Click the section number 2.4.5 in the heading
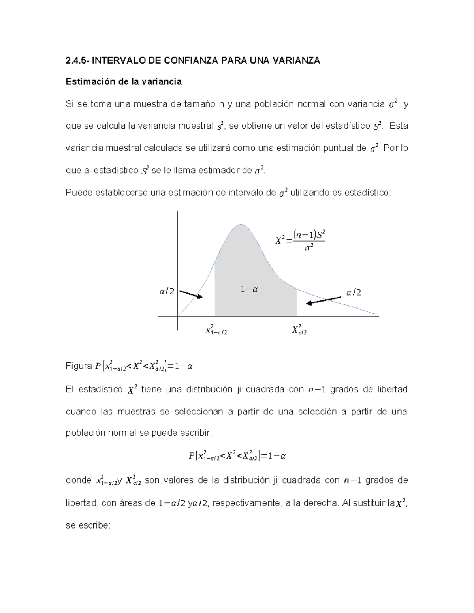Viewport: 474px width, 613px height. point(77,60)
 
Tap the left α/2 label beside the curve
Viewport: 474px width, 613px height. point(167,292)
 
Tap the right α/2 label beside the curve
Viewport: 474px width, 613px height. point(354,292)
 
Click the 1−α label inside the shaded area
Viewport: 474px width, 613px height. point(249,289)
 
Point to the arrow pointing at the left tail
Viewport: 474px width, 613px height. point(191,294)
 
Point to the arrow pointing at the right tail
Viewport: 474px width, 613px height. point(324,300)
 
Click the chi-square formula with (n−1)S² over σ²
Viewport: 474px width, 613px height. point(300,240)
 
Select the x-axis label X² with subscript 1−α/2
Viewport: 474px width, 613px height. point(216,330)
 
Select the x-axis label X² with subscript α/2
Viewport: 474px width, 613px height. point(299,330)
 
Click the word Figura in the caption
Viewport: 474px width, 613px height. point(79,366)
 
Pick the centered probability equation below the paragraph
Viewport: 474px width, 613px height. point(237,456)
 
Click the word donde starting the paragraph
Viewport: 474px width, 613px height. point(79,480)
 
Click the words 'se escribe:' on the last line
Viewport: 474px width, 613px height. point(88,525)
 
